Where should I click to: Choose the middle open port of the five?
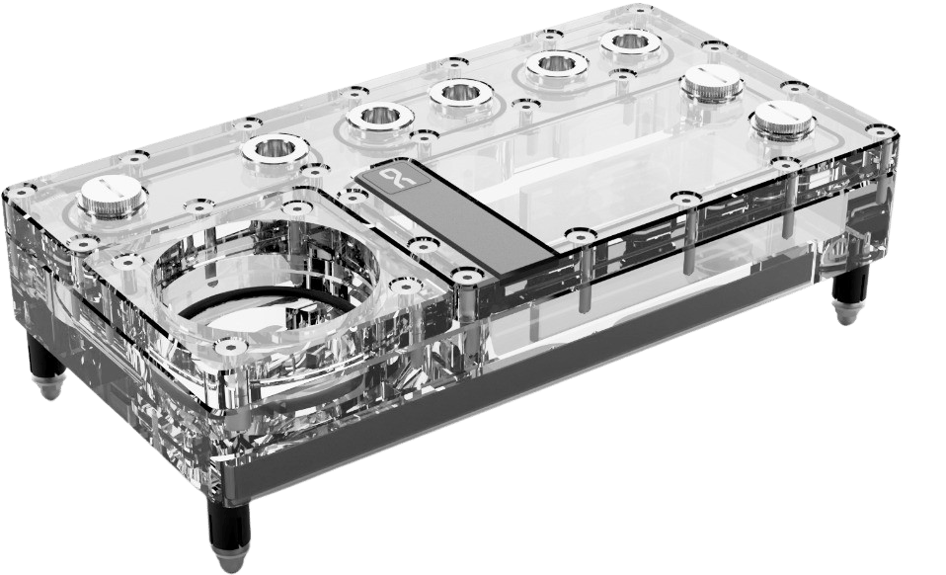pos(460,94)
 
